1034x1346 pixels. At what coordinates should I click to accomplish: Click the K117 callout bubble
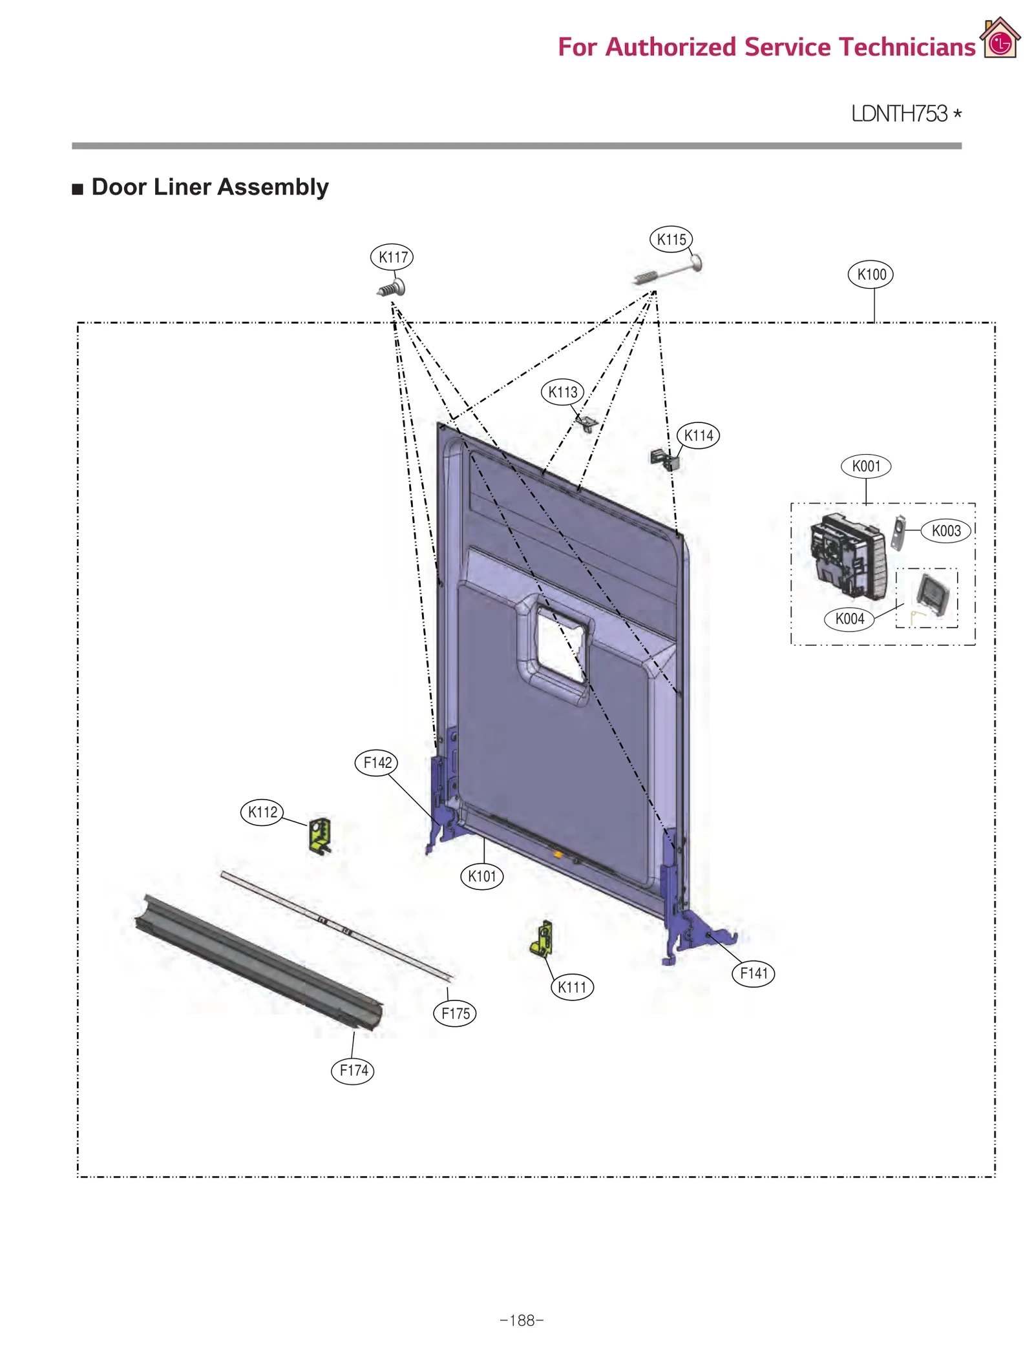[392, 257]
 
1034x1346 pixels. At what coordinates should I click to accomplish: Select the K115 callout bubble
[671, 240]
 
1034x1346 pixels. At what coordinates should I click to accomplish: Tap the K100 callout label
[870, 274]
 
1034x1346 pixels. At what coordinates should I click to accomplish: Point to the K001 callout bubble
[865, 466]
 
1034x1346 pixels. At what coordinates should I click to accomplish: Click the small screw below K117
[392, 288]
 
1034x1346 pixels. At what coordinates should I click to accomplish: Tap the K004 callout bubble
[849, 619]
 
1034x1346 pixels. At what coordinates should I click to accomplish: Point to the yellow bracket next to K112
[320, 835]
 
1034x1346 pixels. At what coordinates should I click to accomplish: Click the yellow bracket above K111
[542, 938]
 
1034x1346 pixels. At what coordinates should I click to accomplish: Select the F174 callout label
[353, 1070]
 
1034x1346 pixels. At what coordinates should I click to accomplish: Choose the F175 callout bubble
[455, 1013]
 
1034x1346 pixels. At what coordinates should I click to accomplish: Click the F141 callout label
[753, 973]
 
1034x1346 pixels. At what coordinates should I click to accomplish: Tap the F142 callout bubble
[376, 763]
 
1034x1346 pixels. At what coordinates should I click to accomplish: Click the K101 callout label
[481, 876]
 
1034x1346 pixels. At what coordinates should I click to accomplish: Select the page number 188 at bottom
[522, 1320]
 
